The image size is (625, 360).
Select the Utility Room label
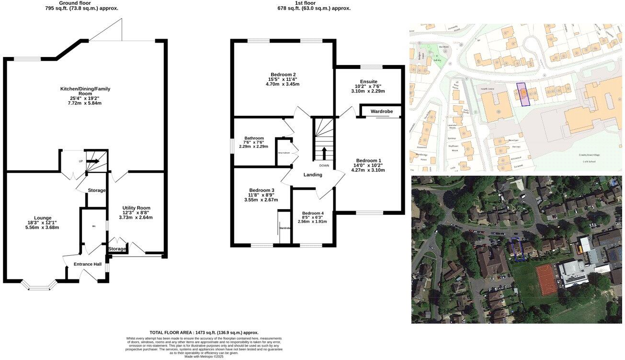136,208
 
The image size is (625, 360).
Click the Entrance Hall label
87,264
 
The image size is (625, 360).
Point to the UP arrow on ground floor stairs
93,161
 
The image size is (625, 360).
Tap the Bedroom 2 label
283,75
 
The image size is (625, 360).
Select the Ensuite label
368,81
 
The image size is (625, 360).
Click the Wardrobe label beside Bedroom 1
382,112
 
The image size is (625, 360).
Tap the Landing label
313,175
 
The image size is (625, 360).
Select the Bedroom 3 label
261,190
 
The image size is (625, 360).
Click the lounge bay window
40,286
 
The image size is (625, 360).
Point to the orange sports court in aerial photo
546,280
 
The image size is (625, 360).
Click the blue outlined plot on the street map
523,94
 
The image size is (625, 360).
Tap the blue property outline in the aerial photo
517,249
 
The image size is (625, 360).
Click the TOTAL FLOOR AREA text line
204,332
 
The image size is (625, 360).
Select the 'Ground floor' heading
81,3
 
